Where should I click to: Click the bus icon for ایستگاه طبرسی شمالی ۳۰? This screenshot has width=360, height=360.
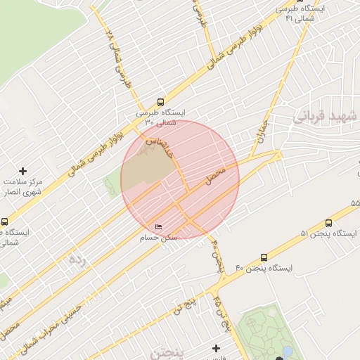pyautogui.click(x=161, y=101)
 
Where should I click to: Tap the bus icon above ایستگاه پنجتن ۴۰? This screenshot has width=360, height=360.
pyautogui.click(x=264, y=257)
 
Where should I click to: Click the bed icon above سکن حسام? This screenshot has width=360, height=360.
pyautogui.click(x=159, y=226)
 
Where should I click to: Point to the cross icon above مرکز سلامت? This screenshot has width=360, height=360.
pyautogui.click(x=23, y=171)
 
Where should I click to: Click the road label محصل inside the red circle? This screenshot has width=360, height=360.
pyautogui.click(x=215, y=176)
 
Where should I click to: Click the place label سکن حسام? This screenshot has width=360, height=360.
pyautogui.click(x=160, y=238)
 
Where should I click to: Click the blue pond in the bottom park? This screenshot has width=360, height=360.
pyautogui.click(x=287, y=350)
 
